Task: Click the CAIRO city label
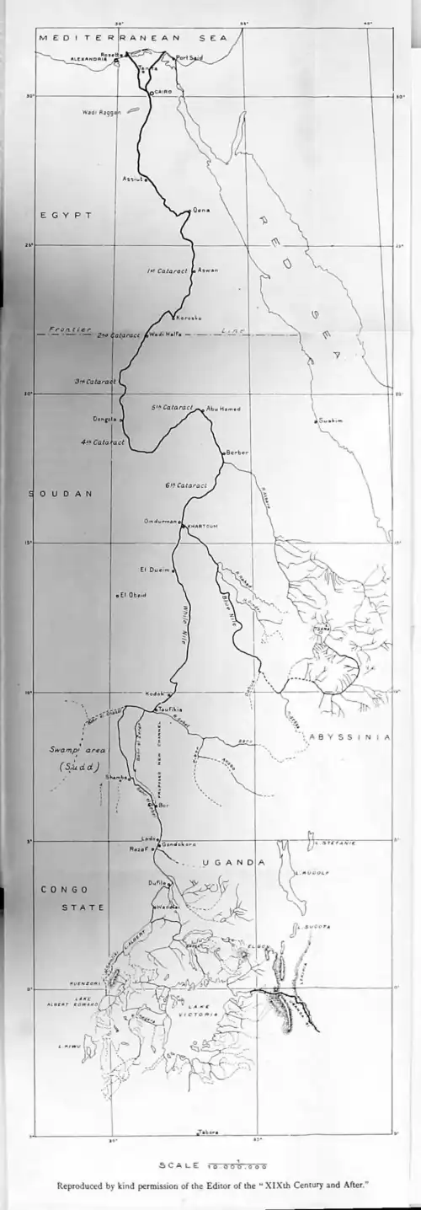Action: point(163,94)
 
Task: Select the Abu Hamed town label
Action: point(223,409)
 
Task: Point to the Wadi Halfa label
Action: point(164,335)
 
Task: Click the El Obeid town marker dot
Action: point(119,596)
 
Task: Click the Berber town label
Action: point(237,452)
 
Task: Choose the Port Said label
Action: point(188,57)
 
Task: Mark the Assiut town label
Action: point(134,179)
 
